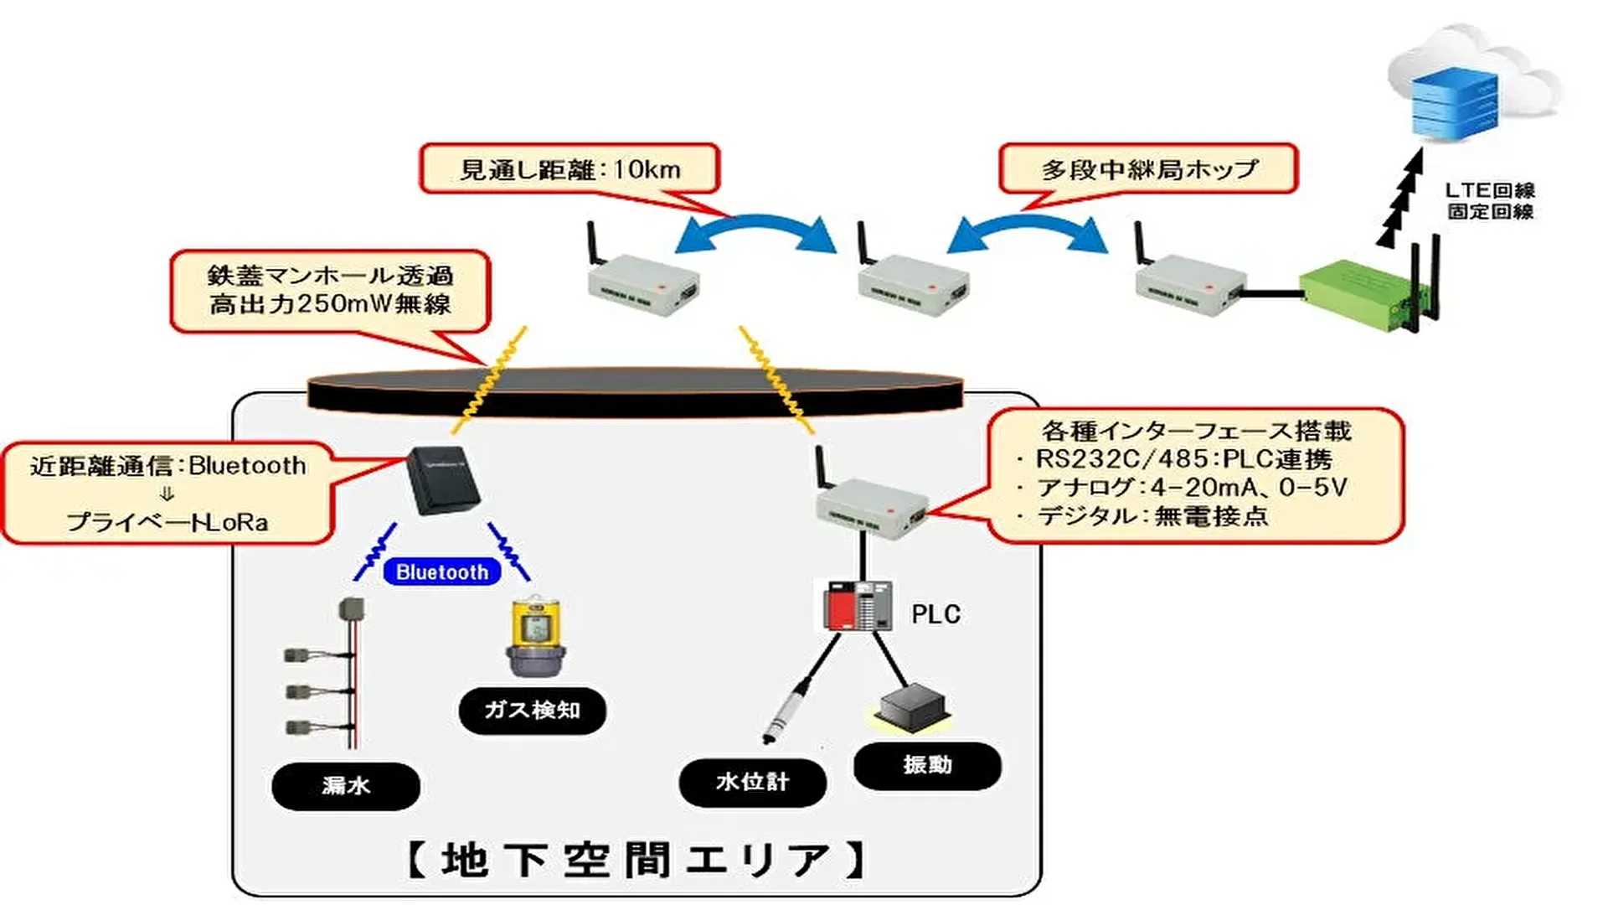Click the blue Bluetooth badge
[442, 572]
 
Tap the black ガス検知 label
[532, 711]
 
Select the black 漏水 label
[346, 786]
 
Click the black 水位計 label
[752, 782]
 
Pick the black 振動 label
[927, 765]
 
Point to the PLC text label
[935, 614]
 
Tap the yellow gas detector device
[536, 636]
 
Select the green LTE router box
[1361, 293]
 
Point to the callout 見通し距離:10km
[569, 169]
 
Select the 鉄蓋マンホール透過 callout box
[330, 290]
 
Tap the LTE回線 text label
[1490, 191]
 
